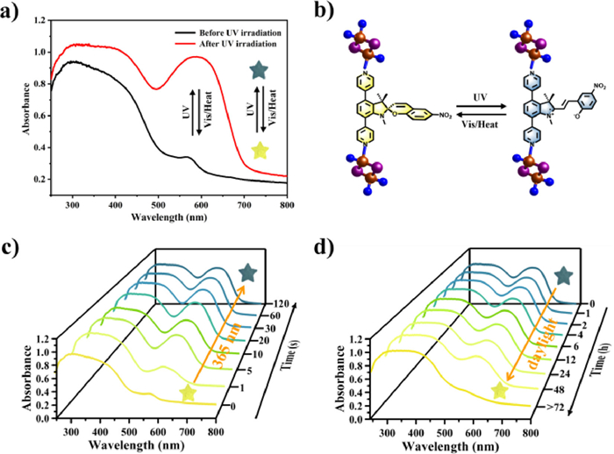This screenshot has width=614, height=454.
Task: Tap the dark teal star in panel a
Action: pos(258,69)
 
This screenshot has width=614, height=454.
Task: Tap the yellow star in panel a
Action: pos(259,150)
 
